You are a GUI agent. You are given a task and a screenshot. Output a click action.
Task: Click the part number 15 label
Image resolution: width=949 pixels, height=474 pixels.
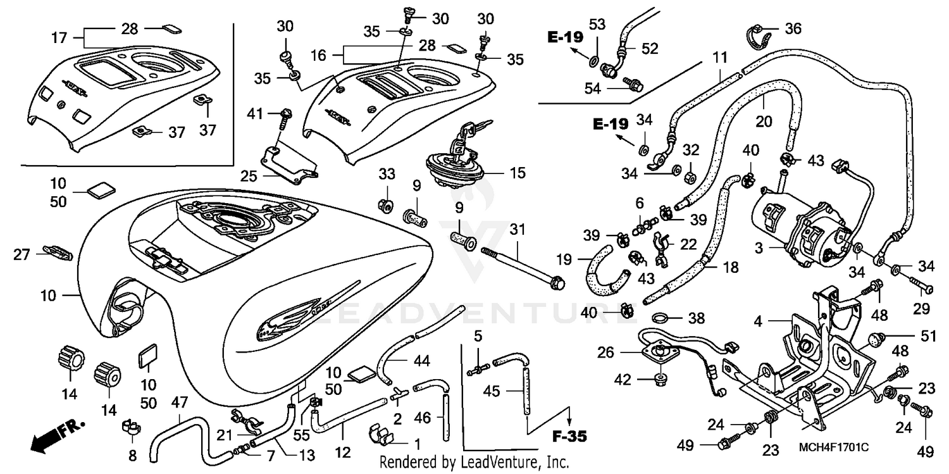click(518, 173)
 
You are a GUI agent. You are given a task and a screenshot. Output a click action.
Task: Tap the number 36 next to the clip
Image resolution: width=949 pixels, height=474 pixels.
click(793, 28)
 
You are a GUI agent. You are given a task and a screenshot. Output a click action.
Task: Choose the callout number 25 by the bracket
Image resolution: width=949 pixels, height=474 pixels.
click(250, 175)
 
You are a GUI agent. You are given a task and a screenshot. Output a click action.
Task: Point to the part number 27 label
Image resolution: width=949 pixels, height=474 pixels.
click(22, 254)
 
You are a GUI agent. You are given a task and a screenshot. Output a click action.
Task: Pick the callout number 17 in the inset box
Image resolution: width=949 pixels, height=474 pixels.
click(59, 39)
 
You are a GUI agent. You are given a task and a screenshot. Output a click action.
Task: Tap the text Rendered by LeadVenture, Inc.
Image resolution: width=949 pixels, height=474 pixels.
click(475, 462)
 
